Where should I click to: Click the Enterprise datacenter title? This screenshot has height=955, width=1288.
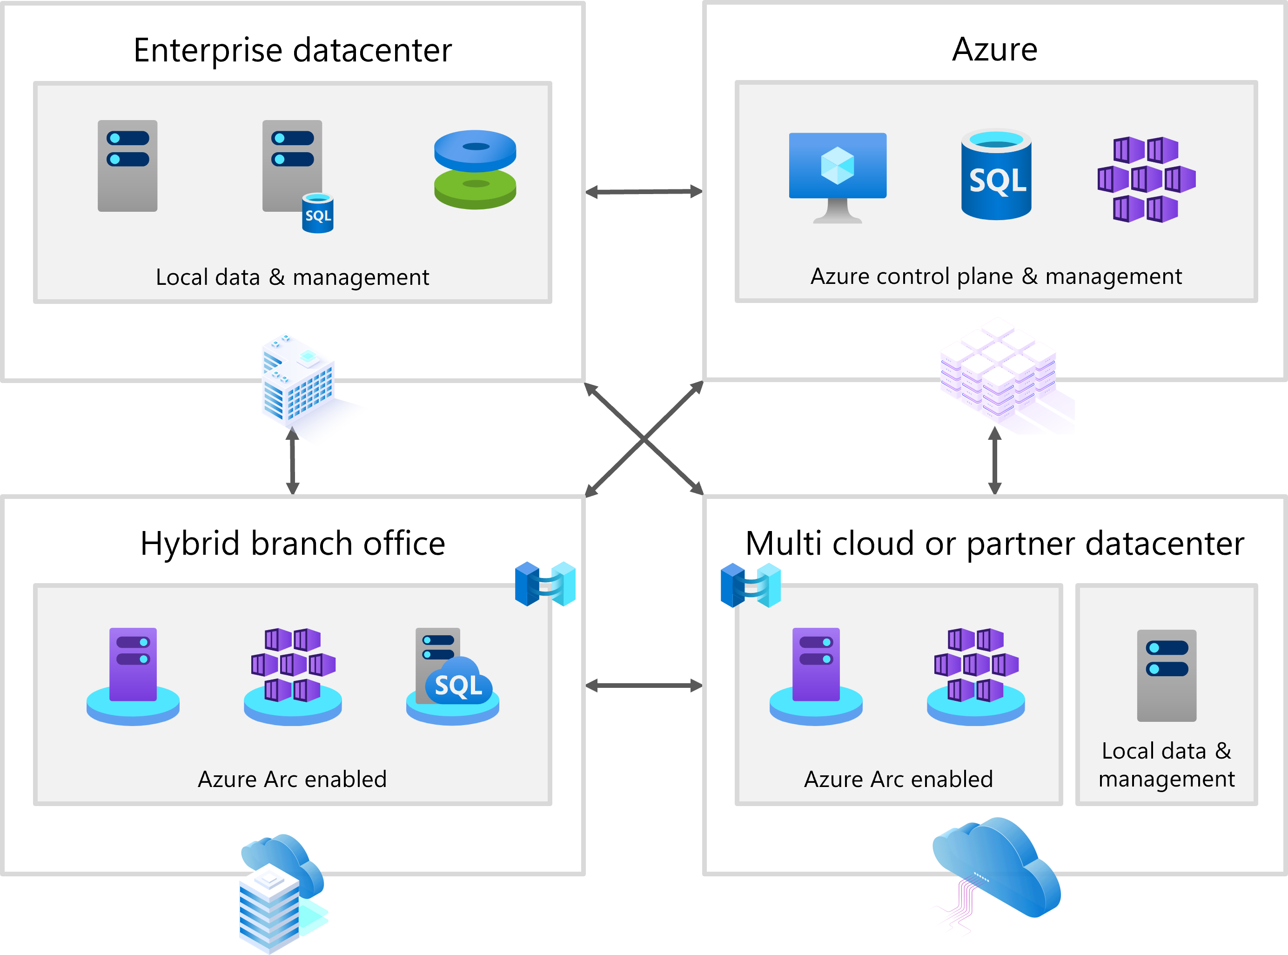point(292,50)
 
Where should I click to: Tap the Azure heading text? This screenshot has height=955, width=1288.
point(994,50)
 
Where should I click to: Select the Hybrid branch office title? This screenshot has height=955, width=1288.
point(292,544)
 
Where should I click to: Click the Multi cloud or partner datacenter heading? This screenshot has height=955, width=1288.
point(994,544)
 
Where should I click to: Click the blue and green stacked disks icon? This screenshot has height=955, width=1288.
point(475,169)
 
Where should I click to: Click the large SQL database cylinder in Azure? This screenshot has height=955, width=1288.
point(996,175)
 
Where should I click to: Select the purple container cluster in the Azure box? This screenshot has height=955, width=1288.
point(1146,179)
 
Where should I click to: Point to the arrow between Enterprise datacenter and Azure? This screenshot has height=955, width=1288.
point(644,191)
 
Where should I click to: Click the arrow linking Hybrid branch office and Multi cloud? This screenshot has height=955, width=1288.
point(644,686)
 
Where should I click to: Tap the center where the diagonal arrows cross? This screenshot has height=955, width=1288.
point(644,439)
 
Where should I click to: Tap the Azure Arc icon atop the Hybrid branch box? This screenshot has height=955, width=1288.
point(545,584)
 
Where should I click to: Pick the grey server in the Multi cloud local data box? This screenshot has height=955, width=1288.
point(1166,675)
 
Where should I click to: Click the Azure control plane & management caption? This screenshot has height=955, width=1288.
point(996,276)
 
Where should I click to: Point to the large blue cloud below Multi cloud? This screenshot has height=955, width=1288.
point(997,867)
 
